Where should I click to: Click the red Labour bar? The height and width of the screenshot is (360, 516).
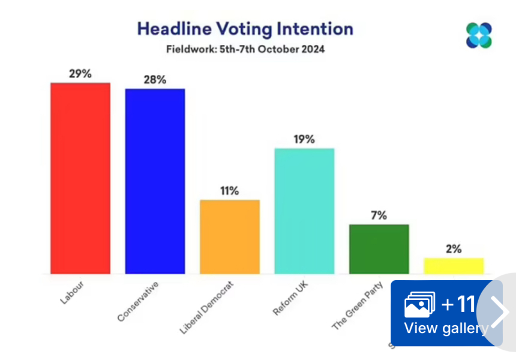point(80,178)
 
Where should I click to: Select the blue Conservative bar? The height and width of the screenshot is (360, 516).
point(155,181)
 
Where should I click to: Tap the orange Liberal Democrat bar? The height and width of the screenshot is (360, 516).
point(230,236)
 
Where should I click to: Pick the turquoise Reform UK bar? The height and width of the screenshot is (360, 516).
point(304,211)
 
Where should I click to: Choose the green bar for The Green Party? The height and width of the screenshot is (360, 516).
point(379,249)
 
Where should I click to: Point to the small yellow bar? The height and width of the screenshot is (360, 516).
point(454,266)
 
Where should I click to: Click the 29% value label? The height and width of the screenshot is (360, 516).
point(80,74)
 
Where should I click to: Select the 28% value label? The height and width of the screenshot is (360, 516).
point(155,80)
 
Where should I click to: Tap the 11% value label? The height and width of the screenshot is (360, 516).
point(229,191)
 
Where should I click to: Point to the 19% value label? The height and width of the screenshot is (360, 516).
point(304,139)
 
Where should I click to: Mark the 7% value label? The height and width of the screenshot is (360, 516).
point(379,215)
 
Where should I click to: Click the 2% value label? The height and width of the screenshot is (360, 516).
point(454,249)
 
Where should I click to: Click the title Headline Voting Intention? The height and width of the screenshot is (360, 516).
point(245,29)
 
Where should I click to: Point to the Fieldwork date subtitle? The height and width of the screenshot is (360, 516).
point(245,49)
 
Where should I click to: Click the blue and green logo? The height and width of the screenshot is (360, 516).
point(479,35)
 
